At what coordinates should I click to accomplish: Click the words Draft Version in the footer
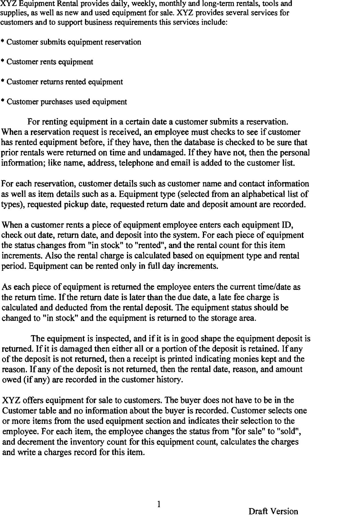[273, 511]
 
